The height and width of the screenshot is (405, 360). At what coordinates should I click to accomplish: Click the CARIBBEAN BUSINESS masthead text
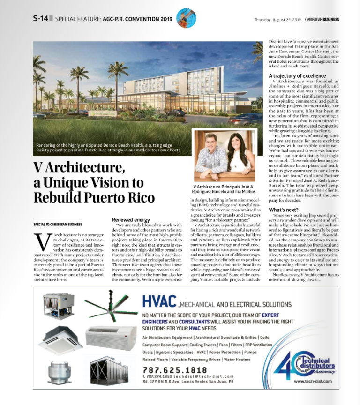(x=322, y=20)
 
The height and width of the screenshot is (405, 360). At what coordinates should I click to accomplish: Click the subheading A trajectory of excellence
(x=297, y=75)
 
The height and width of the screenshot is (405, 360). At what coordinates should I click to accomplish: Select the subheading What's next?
(x=284, y=210)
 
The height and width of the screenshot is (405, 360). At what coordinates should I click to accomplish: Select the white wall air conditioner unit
(x=107, y=336)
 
